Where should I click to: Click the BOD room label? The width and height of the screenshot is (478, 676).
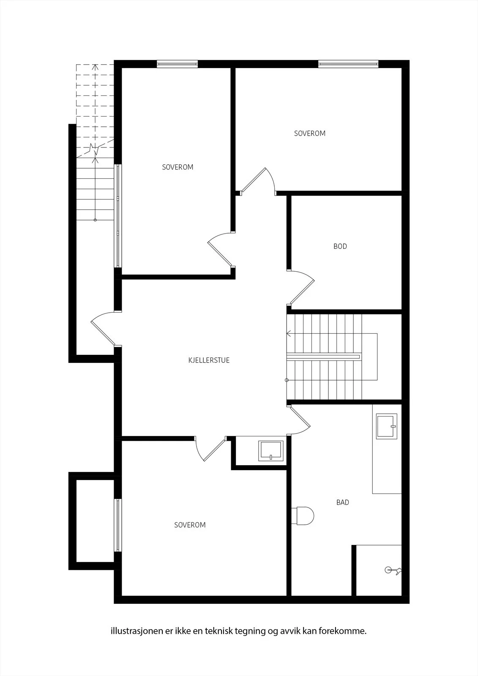pos(340,246)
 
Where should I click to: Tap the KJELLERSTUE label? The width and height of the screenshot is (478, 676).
pos(209,360)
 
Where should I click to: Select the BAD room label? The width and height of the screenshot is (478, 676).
pos(343,502)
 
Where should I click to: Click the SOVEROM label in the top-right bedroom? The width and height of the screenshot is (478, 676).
pos(310,134)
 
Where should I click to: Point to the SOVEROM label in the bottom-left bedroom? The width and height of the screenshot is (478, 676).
pos(190,525)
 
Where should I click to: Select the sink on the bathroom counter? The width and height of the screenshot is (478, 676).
pos(387,426)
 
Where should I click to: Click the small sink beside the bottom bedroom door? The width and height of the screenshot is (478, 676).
pos(271,451)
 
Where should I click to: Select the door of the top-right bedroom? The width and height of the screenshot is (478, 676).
pos(258,181)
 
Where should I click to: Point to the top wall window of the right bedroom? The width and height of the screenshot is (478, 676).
pos(348,64)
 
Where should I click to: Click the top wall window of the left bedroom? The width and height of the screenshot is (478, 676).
pos(177,64)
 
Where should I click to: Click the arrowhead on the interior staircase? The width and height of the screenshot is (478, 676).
pos(289,334)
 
